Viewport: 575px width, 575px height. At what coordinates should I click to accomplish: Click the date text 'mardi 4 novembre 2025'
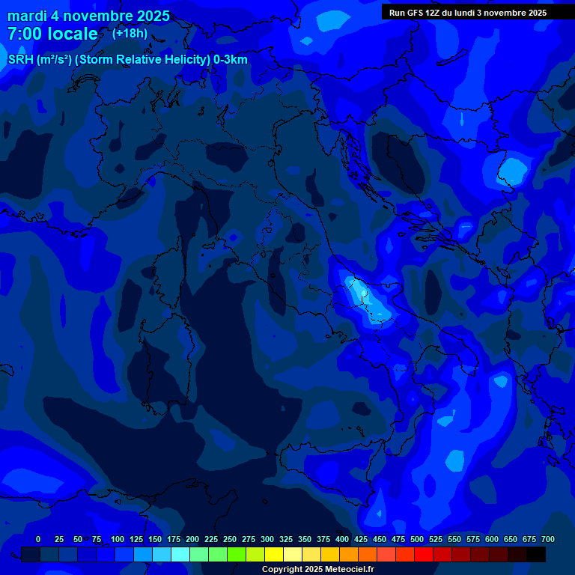(88, 16)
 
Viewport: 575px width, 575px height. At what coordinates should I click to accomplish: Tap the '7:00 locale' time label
(52, 34)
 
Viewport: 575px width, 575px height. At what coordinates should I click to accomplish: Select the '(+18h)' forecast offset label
(130, 33)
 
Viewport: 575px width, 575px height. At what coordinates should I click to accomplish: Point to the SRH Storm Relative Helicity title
(128, 60)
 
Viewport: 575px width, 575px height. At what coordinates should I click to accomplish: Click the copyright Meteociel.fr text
(318, 569)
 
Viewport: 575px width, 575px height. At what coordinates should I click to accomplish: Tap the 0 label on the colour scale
(38, 539)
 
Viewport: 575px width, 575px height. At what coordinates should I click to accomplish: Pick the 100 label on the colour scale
(118, 539)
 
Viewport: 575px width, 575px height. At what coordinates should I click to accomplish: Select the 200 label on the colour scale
(192, 539)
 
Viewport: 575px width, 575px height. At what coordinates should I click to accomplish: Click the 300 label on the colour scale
(267, 539)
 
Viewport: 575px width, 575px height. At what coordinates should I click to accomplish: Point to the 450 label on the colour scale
(380, 539)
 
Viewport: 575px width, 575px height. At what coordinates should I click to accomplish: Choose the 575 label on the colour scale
(473, 539)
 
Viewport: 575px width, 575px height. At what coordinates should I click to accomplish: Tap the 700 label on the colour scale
(548, 539)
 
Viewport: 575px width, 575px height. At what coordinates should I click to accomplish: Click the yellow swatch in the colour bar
(274, 554)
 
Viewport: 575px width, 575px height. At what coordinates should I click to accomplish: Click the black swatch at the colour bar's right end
(536, 554)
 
